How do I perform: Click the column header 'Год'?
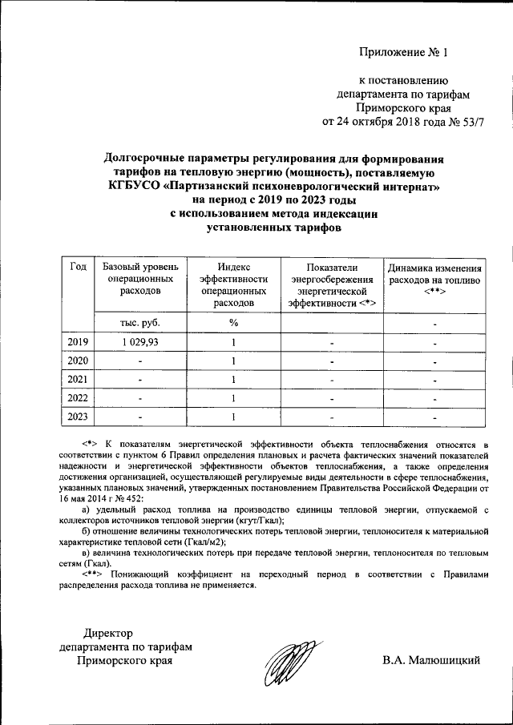pos(78,268)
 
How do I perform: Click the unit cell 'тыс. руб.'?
pos(140,323)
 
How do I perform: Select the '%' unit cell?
pos(233,323)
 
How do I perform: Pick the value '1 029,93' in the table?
pos(140,342)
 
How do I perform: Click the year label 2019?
pos(78,342)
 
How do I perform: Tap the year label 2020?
pos(78,360)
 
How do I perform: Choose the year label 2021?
pos(78,379)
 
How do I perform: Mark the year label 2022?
pos(78,397)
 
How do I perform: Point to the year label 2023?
pos(78,416)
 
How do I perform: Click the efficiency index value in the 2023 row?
pos(233,416)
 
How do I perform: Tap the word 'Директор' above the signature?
pos(110,634)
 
